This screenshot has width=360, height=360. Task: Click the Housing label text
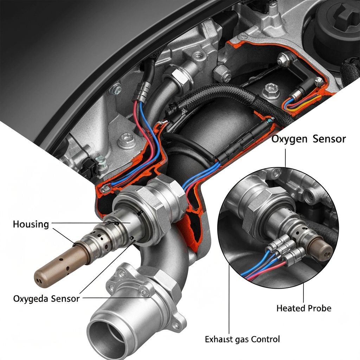pos(31,224)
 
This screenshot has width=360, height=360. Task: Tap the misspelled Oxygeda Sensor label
pos(46,299)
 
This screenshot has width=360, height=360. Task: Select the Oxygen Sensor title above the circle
pos(308,139)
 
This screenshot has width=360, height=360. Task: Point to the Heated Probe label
pos(304,308)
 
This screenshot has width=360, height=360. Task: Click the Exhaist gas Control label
pos(242,339)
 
